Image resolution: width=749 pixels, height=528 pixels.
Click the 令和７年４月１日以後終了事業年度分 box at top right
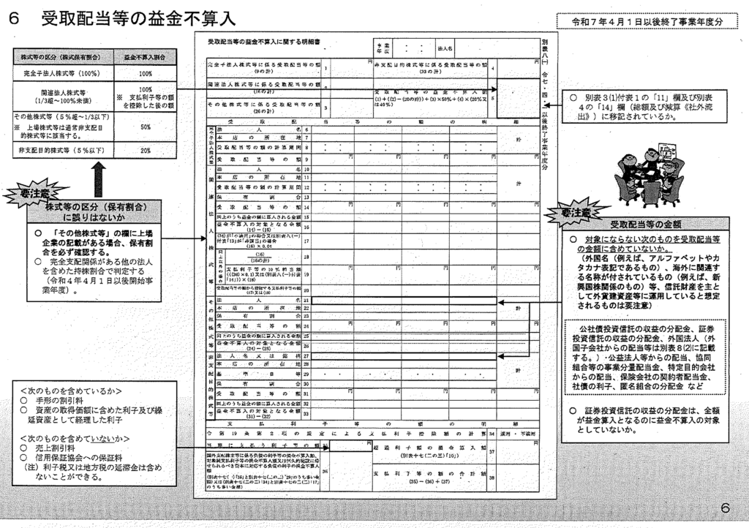(647, 22)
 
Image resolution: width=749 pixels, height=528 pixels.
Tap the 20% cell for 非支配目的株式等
(145, 150)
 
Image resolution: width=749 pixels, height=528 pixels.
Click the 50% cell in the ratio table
(145, 127)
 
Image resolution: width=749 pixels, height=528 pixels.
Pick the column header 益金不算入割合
(145, 57)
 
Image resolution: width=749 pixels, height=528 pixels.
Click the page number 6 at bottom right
(724, 508)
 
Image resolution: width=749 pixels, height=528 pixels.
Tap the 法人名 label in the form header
(445, 48)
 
